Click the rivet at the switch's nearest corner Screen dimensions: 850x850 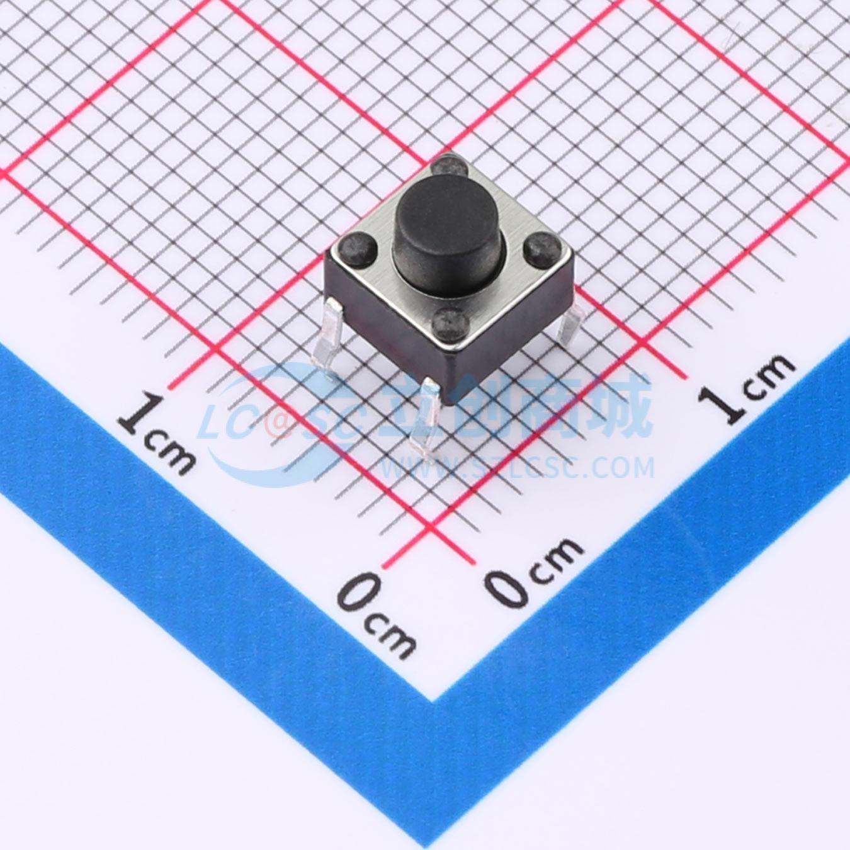[450, 322]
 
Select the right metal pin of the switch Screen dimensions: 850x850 [570, 322]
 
